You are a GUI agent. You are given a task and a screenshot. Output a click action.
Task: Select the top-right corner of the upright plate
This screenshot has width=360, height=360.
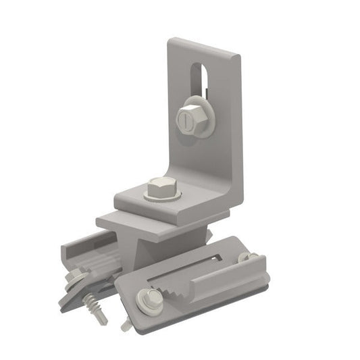(240, 57)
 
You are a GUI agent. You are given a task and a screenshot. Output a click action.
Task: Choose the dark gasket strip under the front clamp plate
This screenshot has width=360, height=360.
(203, 312)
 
